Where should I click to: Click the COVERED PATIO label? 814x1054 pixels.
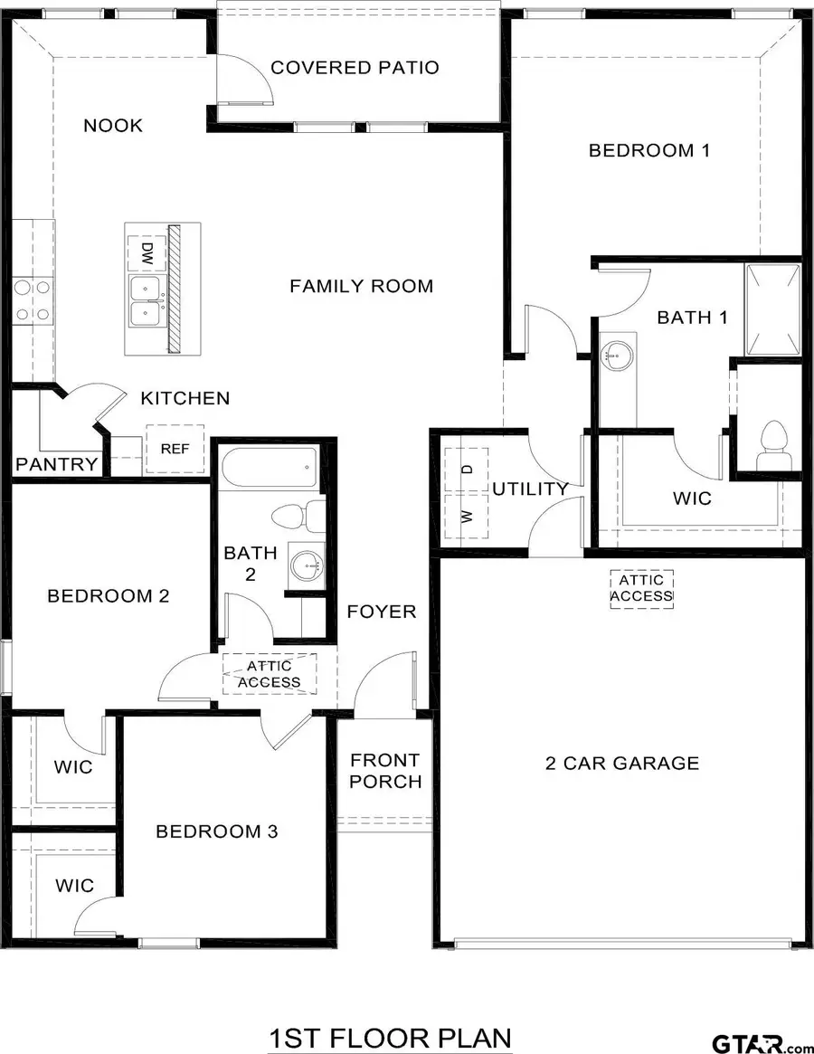click(x=355, y=68)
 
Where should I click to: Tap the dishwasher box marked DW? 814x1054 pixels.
click(x=145, y=253)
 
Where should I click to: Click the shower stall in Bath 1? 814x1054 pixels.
click(x=771, y=309)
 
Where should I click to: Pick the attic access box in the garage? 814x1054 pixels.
click(x=641, y=588)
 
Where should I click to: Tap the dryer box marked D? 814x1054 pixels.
click(x=467, y=470)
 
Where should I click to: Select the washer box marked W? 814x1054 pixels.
click(x=467, y=517)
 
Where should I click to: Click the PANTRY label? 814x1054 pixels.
click(x=56, y=465)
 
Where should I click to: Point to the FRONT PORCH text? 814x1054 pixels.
click(x=385, y=770)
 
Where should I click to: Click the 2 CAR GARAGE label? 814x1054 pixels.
click(x=622, y=763)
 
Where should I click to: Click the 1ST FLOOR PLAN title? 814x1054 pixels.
click(x=390, y=1038)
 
